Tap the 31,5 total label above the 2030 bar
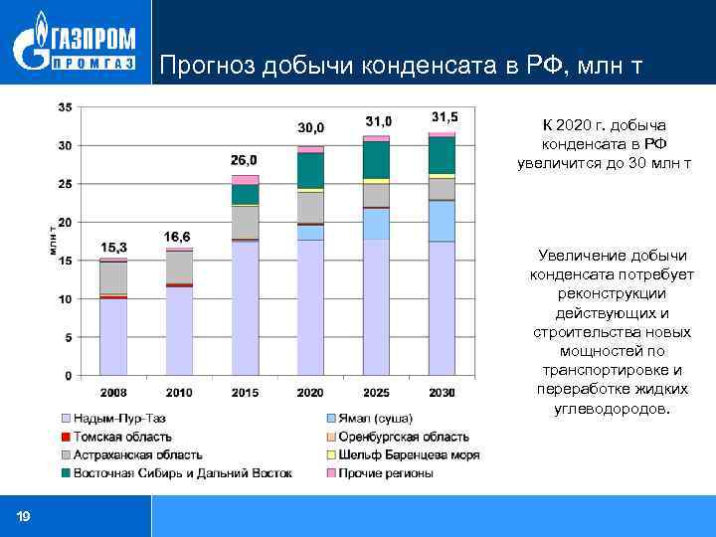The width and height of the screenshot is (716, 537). [444, 116]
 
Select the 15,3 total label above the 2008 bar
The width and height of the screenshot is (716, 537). [113, 247]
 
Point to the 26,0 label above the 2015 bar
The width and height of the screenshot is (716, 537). [244, 159]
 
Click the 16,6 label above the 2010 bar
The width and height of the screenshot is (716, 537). [178, 237]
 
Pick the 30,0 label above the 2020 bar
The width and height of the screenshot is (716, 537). [311, 127]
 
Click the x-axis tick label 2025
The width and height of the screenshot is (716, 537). [376, 393]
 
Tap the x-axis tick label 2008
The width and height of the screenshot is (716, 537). [113, 393]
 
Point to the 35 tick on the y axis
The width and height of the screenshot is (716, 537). [65, 106]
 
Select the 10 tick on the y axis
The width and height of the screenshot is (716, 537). [65, 299]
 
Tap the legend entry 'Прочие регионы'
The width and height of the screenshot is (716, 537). [389, 472]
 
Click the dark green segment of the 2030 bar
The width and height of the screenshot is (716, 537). [442, 155]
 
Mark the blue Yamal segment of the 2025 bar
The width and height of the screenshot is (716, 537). [376, 224]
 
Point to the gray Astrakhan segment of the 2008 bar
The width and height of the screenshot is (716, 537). [113, 277]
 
